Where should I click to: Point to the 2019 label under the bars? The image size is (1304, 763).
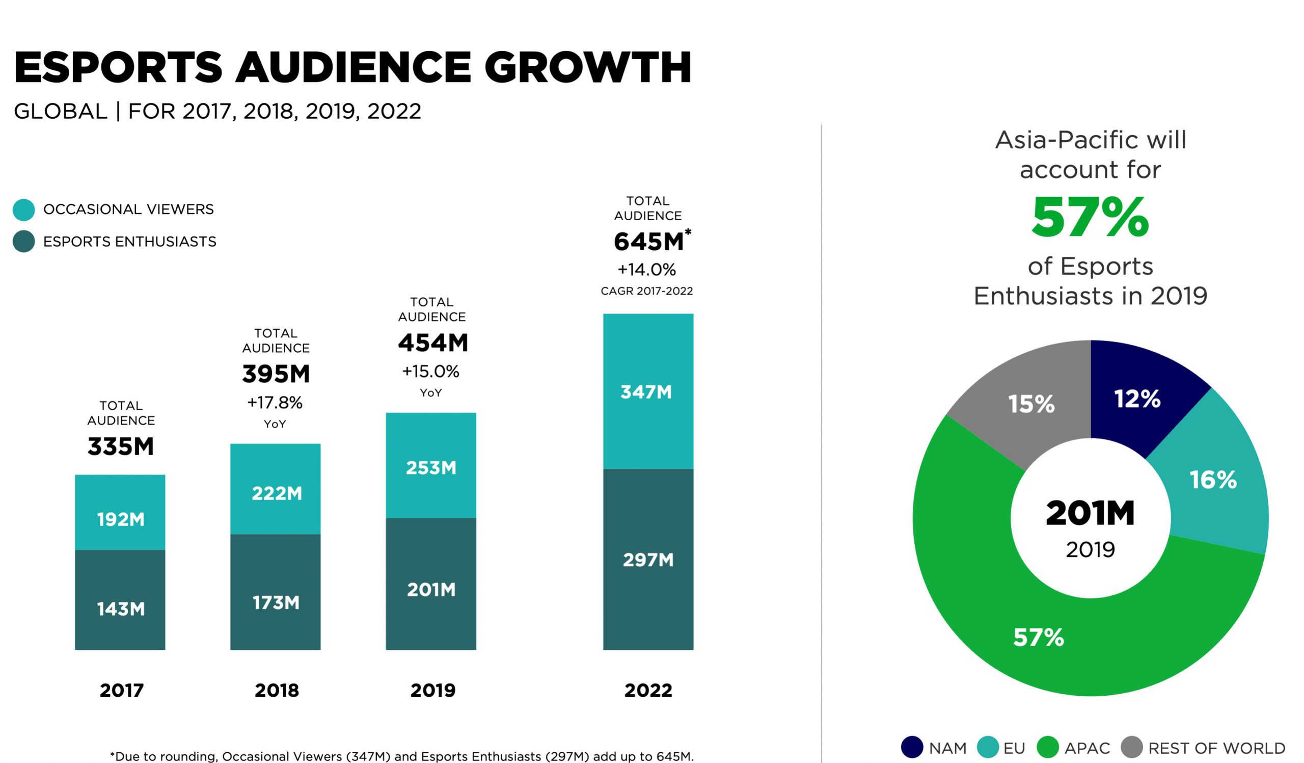[432, 691]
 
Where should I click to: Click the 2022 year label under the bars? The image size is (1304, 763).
[648, 691]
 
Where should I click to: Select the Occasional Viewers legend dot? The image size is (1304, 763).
[24, 209]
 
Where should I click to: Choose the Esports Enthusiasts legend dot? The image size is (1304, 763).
[24, 241]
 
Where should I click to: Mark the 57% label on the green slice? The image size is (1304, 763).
[1038, 637]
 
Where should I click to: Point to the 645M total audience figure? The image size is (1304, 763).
[649, 242]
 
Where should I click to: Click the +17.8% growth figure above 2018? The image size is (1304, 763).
[275, 403]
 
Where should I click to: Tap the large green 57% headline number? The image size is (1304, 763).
[1090, 218]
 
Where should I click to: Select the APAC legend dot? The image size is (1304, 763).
[1048, 748]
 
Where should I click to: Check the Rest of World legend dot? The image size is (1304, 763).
[1132, 748]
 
